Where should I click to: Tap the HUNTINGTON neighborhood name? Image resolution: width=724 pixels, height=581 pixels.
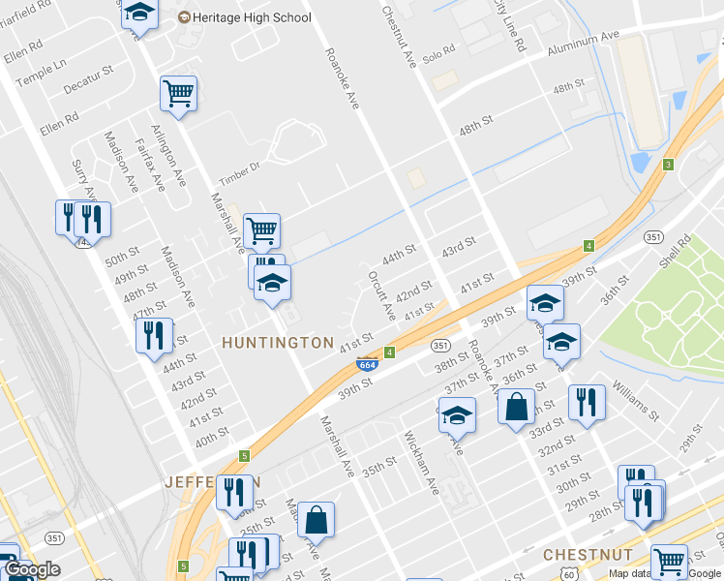click(x=278, y=343)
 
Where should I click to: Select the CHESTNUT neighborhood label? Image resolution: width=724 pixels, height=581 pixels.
click(x=588, y=555)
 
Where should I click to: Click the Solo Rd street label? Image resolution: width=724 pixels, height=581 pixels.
click(x=437, y=50)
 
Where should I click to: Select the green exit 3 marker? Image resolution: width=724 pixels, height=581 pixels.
click(x=668, y=165)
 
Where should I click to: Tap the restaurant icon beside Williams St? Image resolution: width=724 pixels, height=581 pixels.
click(x=587, y=401)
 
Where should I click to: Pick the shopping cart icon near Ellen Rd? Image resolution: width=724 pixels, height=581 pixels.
click(x=178, y=93)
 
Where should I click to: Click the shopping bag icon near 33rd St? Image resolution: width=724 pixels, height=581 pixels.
click(x=517, y=405)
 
